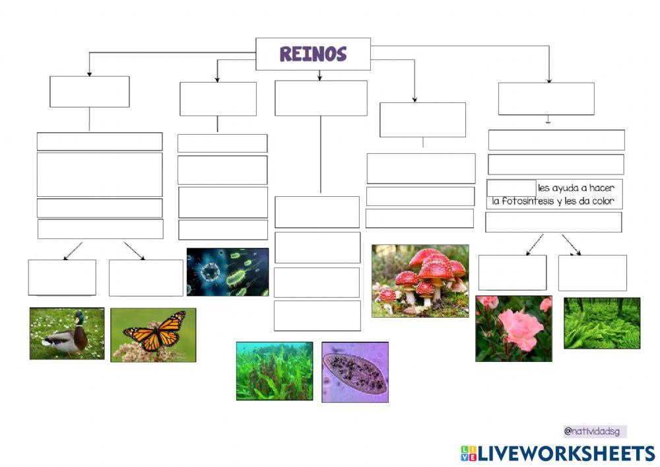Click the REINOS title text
(x=313, y=54)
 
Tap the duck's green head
(x=79, y=317)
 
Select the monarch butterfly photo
(x=153, y=335)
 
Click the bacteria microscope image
(x=228, y=271)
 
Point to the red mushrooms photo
(x=420, y=281)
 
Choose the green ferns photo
(x=602, y=323)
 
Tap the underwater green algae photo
(x=275, y=371)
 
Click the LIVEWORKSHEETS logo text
(x=566, y=454)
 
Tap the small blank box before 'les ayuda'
(x=511, y=188)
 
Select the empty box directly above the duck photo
(x=62, y=277)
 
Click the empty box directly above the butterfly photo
(x=146, y=278)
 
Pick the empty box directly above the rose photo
(x=512, y=272)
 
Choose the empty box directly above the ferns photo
(x=593, y=273)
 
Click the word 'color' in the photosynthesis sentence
(x=603, y=201)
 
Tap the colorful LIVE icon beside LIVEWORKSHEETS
(x=469, y=454)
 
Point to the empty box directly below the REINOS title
(x=321, y=98)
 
